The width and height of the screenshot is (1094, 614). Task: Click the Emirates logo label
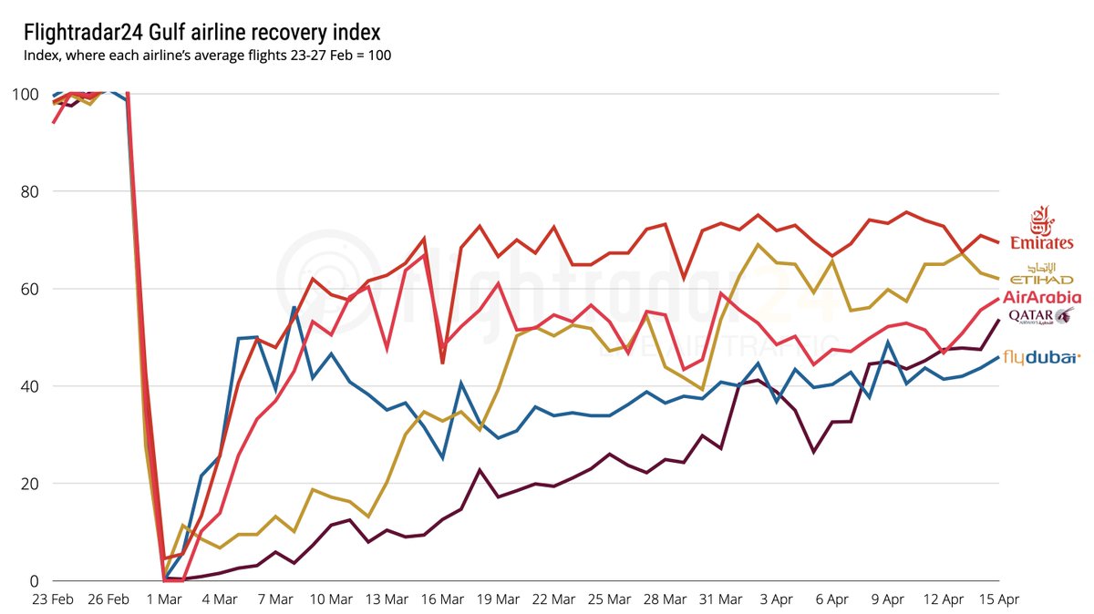tap(1041, 228)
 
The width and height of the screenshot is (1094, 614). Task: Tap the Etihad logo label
tap(1041, 274)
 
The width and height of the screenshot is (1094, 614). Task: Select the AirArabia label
tap(1042, 297)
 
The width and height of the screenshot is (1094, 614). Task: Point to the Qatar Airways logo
tap(1041, 316)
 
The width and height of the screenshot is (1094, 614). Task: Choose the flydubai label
tap(1041, 358)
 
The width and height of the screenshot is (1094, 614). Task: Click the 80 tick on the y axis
tap(30, 192)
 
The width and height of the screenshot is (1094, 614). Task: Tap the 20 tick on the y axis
tap(30, 484)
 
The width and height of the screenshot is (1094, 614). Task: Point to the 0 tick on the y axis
tap(34, 581)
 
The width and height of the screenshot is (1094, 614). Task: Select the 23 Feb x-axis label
tap(53, 599)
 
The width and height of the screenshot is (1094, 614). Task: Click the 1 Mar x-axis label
tap(164, 599)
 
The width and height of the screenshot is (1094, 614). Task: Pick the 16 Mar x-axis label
tap(442, 599)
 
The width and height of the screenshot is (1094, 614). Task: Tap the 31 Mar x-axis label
tap(721, 599)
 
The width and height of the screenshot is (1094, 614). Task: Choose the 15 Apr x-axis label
tap(998, 599)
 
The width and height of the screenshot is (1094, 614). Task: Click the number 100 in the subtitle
tap(379, 56)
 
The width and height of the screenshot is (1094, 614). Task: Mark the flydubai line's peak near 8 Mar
tap(294, 307)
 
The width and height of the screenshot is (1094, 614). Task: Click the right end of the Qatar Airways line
tap(999, 320)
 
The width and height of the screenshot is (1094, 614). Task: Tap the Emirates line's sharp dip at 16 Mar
tap(442, 363)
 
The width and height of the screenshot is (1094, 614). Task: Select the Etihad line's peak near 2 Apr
tap(758, 244)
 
